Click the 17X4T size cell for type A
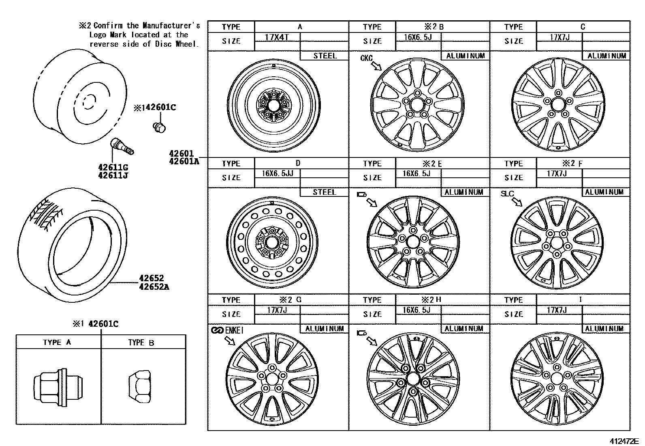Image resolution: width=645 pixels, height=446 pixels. pyautogui.click(x=277, y=37)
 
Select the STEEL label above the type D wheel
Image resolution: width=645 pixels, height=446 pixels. pyautogui.click(x=324, y=192)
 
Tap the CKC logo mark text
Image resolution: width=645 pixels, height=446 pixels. pyautogui.click(x=366, y=58)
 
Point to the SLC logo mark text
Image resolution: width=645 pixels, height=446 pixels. pyautogui.click(x=507, y=194)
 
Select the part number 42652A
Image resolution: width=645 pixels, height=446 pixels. pyautogui.click(x=154, y=287)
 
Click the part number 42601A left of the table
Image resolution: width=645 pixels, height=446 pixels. pyautogui.click(x=184, y=161)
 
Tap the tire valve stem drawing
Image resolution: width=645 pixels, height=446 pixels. pyautogui.click(x=122, y=147)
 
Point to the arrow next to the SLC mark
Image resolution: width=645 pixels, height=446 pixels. pyautogui.click(x=517, y=202)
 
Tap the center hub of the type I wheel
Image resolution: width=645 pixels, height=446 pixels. pyautogui.click(x=556, y=379)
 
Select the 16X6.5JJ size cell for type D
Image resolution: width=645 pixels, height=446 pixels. pyautogui.click(x=277, y=174)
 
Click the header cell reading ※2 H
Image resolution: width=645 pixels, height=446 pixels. pyautogui.click(x=431, y=299)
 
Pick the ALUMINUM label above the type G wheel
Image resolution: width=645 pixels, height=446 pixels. pyautogui.click(x=324, y=329)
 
